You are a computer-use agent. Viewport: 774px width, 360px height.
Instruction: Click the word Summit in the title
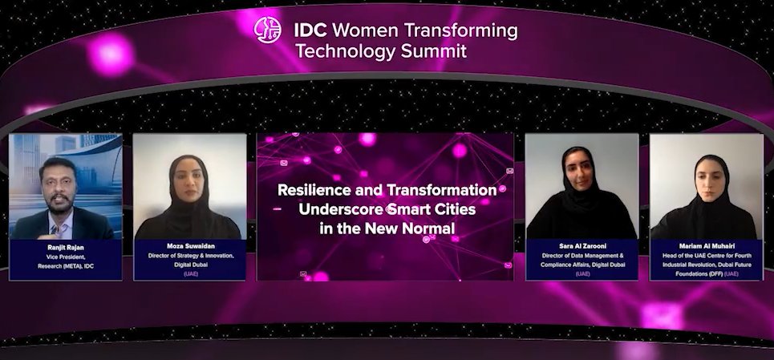(x=433, y=51)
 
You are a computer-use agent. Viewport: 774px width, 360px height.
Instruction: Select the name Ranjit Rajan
(x=65, y=249)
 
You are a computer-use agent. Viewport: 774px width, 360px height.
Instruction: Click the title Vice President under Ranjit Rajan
(x=65, y=257)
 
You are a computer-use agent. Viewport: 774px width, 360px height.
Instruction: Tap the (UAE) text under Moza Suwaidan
(x=189, y=273)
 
